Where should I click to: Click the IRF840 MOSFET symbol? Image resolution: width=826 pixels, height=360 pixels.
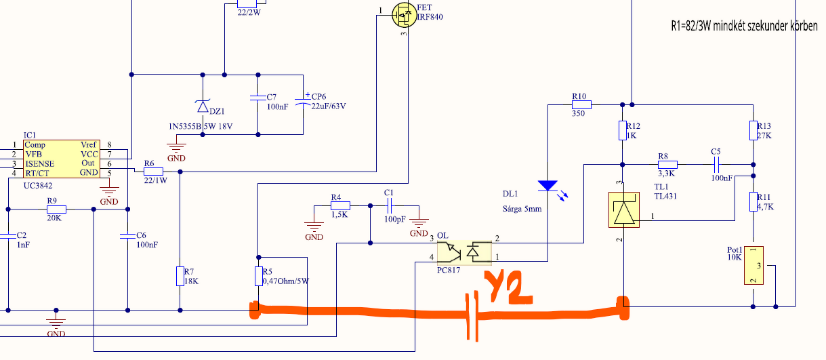404,15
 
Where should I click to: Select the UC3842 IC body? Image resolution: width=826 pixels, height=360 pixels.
62,159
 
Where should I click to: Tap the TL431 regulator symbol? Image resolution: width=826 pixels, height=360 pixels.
624,209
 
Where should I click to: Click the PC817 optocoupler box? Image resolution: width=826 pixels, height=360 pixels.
464,253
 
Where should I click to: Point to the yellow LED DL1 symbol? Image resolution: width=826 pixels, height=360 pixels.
548,186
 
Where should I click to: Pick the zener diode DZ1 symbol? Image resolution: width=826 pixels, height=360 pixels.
203,106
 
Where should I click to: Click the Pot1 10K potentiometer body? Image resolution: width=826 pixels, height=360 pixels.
753,266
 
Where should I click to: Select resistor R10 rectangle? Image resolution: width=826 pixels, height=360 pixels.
581,105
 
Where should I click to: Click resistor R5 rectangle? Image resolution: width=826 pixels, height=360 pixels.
259,276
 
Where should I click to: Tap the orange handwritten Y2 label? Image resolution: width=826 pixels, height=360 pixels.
508,287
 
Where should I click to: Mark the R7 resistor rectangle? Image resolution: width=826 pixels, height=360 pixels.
180,276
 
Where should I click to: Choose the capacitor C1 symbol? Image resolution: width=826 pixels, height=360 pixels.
389,206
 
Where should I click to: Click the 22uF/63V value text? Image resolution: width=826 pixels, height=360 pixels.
329,106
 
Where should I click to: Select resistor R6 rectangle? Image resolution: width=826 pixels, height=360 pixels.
153,172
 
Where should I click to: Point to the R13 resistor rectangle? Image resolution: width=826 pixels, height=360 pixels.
753,131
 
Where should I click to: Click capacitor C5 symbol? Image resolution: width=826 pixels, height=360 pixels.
716,165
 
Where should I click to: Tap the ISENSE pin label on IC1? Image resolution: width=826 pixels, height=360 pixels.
40,164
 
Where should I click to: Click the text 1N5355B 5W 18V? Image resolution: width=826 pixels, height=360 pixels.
201,127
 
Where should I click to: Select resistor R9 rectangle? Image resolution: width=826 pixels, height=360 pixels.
56,209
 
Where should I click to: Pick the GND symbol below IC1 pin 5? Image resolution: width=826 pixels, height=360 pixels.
109,191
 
